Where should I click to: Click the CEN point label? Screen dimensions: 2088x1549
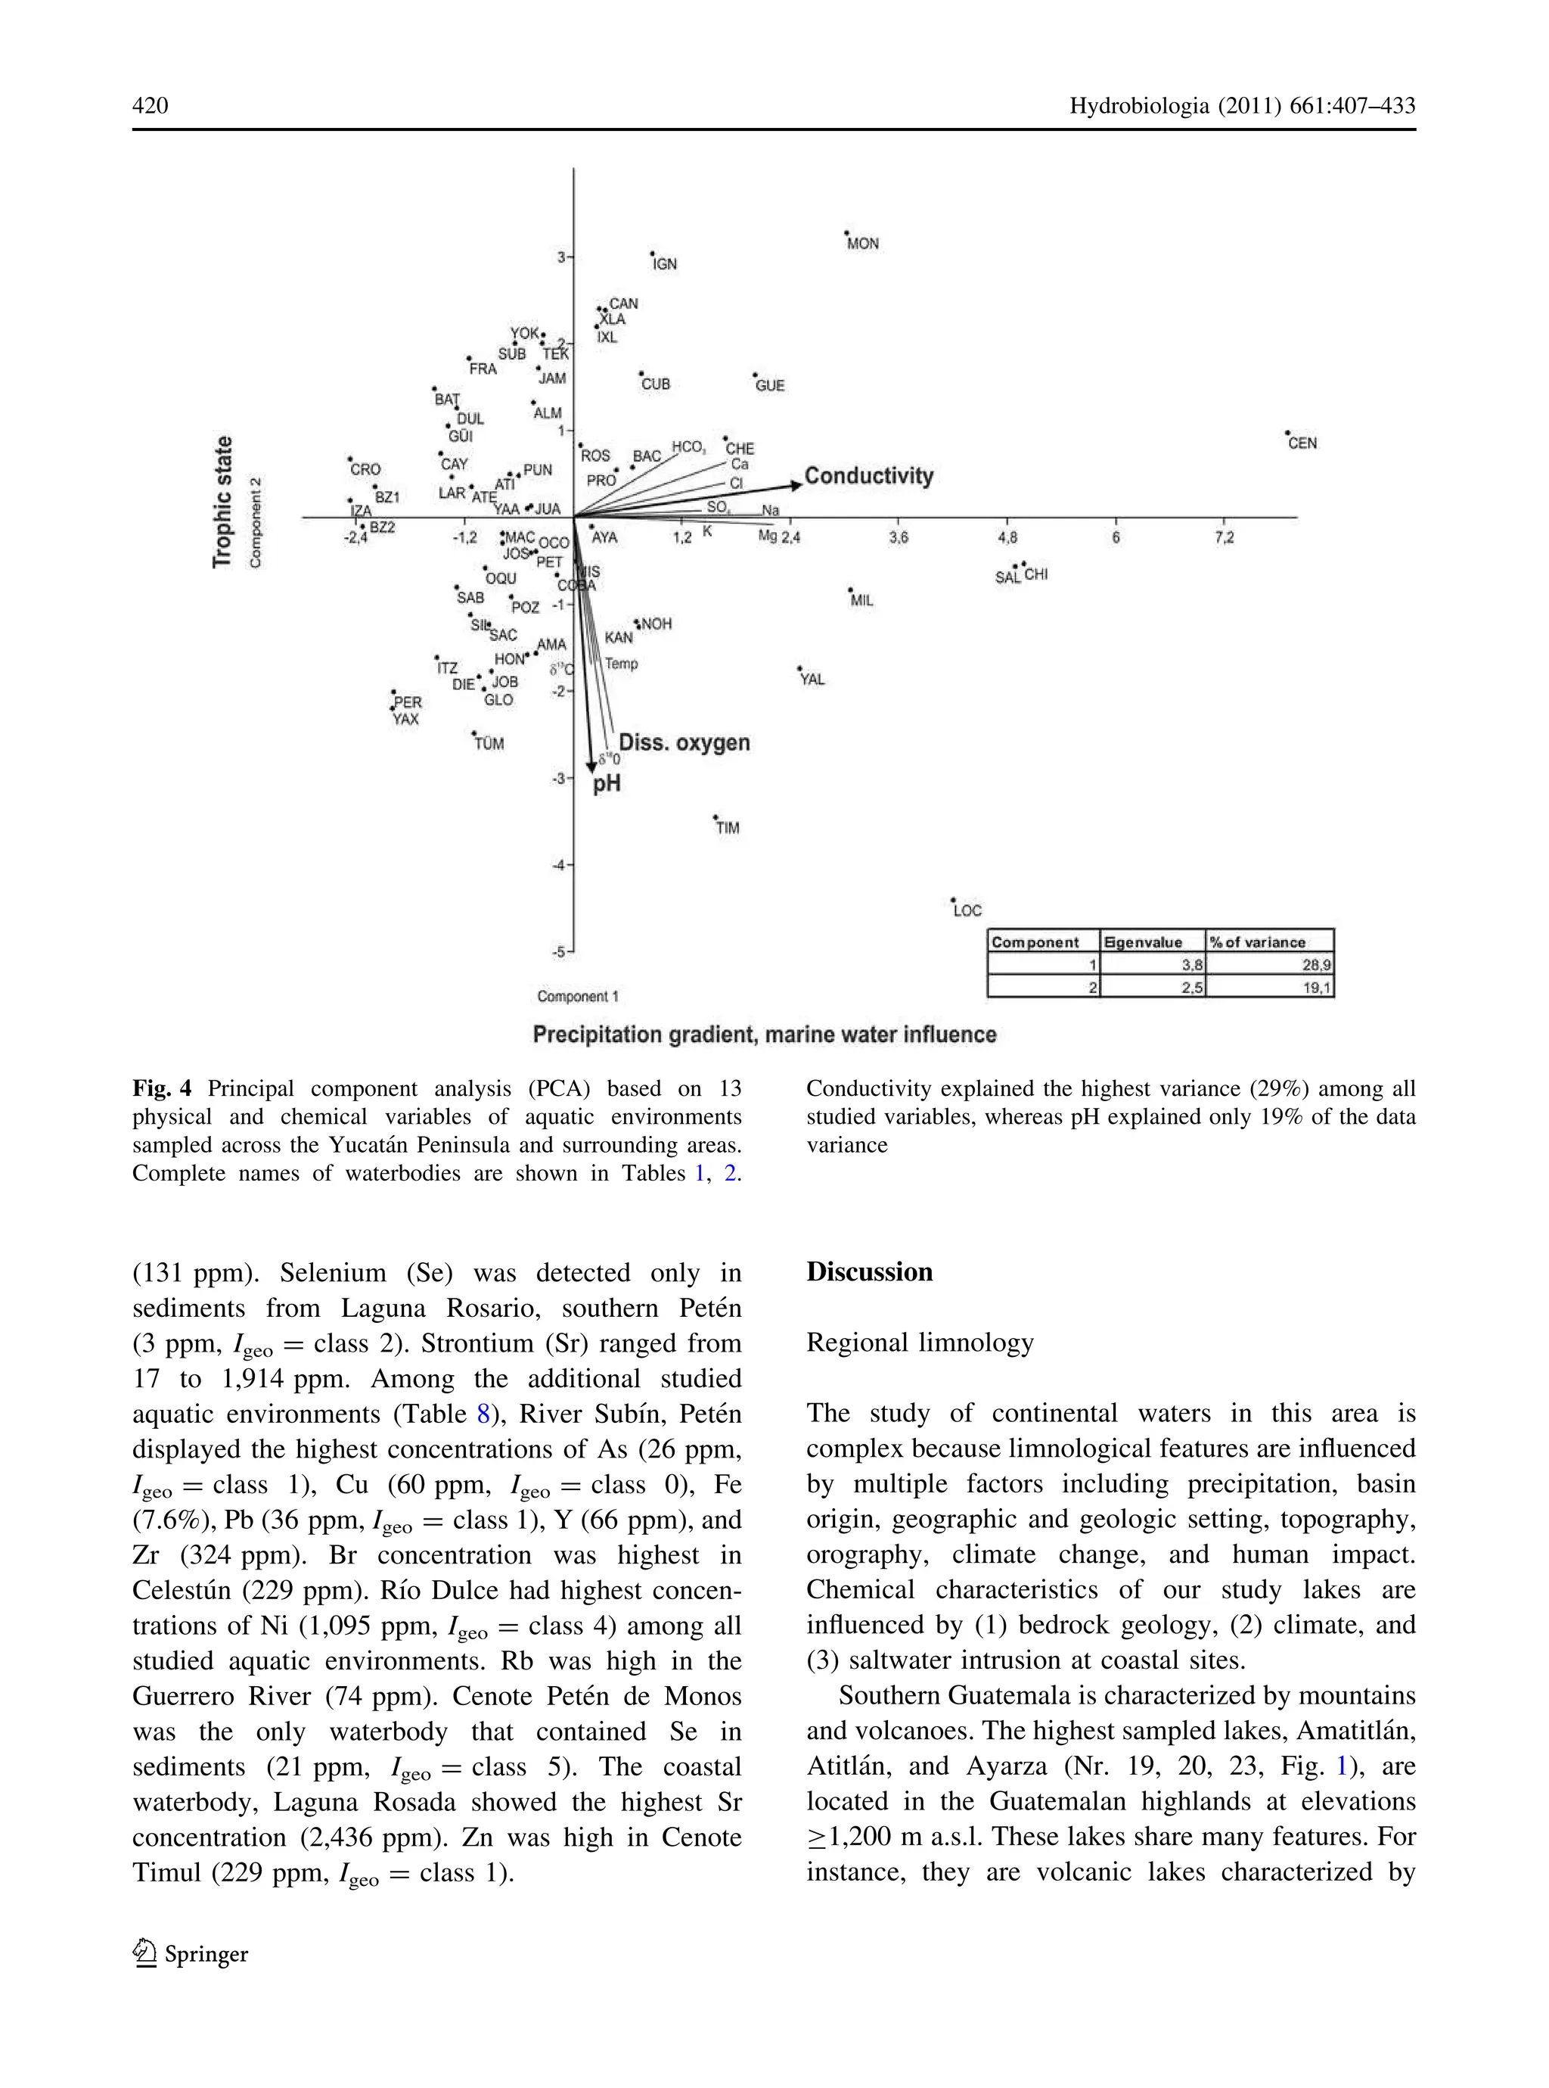click(x=1302, y=443)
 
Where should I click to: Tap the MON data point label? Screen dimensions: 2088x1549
click(x=863, y=244)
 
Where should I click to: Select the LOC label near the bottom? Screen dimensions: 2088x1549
click(x=967, y=910)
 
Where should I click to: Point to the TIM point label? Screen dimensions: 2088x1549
click(x=728, y=828)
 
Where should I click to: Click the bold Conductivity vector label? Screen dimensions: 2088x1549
click(x=868, y=477)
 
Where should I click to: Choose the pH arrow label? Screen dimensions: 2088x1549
click(x=607, y=784)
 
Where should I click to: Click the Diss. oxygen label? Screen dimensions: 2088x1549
click(x=684, y=743)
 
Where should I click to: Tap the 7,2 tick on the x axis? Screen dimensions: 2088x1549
click(x=1224, y=538)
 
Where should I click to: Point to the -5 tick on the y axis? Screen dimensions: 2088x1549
click(x=560, y=952)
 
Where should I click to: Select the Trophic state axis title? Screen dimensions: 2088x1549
click(x=222, y=502)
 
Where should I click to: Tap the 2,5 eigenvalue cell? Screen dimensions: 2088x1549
click(x=1192, y=988)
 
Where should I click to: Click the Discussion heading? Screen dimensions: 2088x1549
click(x=869, y=1272)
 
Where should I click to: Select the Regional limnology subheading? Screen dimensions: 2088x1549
click(x=919, y=1343)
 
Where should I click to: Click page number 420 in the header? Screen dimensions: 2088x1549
click(x=150, y=105)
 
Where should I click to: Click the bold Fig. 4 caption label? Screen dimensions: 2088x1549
click(x=161, y=1088)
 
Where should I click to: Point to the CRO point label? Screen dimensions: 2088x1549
click(x=365, y=470)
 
